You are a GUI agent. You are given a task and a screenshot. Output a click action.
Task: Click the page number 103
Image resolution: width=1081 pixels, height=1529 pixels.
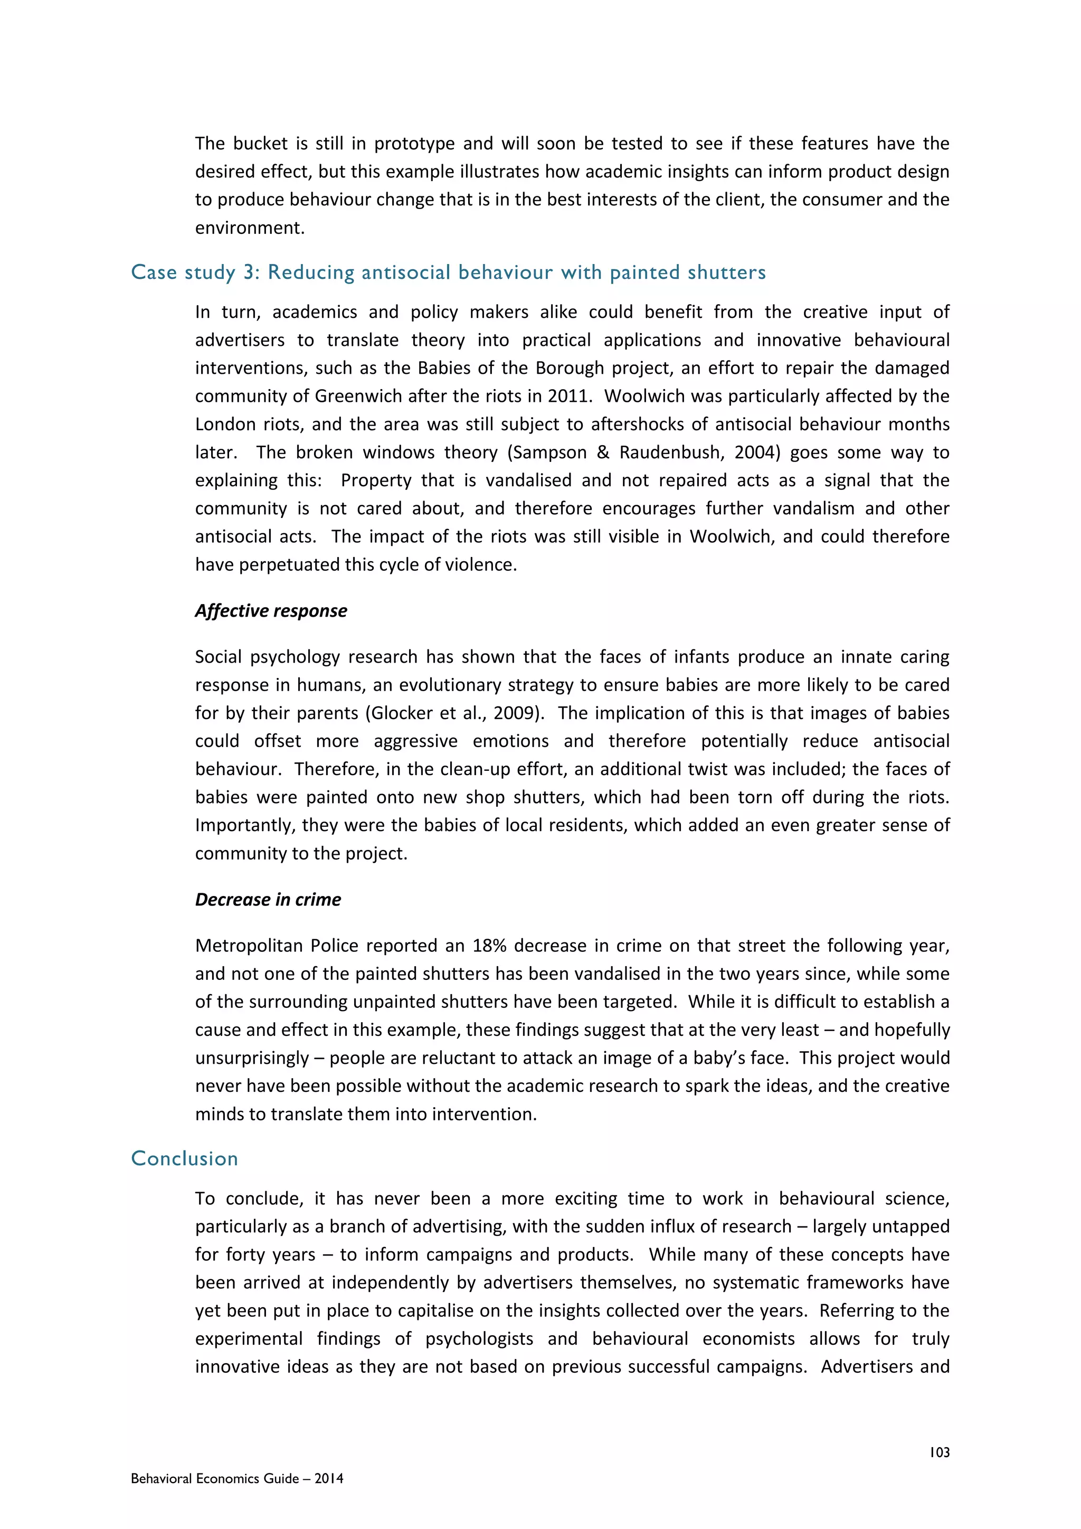(939, 1452)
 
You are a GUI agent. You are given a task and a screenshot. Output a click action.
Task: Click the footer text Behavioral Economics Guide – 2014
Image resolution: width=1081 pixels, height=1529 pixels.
(237, 1478)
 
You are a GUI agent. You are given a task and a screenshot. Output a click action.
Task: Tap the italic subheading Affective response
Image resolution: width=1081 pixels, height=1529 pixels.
(271, 611)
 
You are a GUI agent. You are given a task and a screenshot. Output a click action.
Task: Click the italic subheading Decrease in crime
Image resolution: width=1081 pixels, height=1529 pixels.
(268, 900)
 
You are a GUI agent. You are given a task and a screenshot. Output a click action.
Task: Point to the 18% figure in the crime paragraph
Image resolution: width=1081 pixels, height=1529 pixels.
(490, 946)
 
